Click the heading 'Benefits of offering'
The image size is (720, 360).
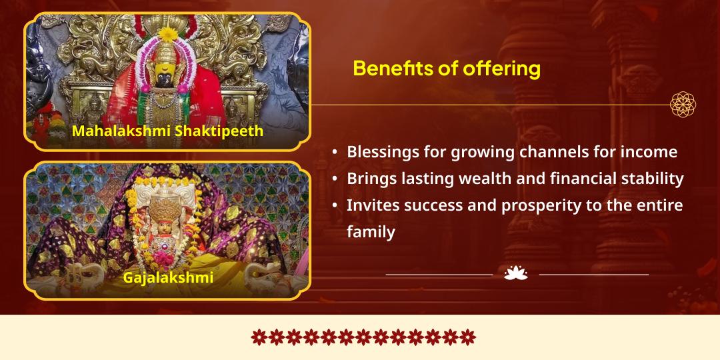(446, 68)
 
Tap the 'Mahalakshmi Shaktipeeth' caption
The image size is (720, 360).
(167, 131)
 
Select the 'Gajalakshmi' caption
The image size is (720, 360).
(168, 277)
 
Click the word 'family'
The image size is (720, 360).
(371, 232)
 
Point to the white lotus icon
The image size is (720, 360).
(516, 273)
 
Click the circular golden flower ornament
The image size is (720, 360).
(683, 104)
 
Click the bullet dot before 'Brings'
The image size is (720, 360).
(335, 179)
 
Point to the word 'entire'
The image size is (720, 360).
(657, 205)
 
